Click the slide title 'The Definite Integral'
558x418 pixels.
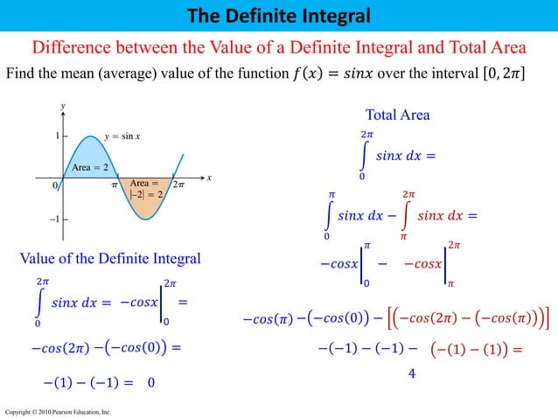click(x=278, y=15)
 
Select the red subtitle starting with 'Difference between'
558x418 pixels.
click(x=279, y=47)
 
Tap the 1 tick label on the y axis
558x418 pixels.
click(x=57, y=136)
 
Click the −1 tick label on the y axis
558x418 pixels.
click(x=54, y=219)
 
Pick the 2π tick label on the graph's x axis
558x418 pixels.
click(x=178, y=185)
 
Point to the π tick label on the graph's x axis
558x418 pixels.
click(x=114, y=185)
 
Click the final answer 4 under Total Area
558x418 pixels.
click(x=411, y=373)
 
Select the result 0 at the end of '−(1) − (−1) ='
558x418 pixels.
click(x=152, y=382)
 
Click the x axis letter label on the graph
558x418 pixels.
click(x=209, y=178)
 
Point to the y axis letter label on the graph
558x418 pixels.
click(x=62, y=106)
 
